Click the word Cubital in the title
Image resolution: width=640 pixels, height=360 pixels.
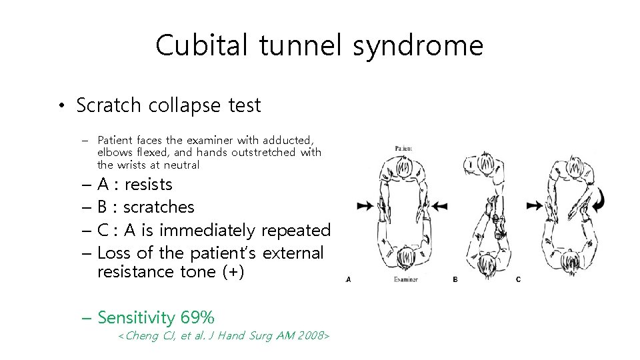(x=199, y=46)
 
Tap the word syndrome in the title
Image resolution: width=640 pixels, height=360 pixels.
(x=418, y=46)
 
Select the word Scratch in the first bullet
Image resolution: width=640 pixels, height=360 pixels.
(x=109, y=105)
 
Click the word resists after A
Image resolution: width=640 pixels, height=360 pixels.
(x=148, y=185)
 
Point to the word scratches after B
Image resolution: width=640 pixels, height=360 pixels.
(x=159, y=207)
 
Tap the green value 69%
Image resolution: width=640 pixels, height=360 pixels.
(x=197, y=318)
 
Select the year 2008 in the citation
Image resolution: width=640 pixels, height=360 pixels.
(x=309, y=336)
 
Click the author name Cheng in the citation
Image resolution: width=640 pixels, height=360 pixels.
(x=142, y=336)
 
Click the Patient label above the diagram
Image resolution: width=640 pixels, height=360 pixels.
(x=403, y=148)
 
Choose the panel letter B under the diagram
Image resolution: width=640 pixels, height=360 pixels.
(x=455, y=280)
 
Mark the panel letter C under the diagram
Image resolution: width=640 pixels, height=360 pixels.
(x=519, y=280)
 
